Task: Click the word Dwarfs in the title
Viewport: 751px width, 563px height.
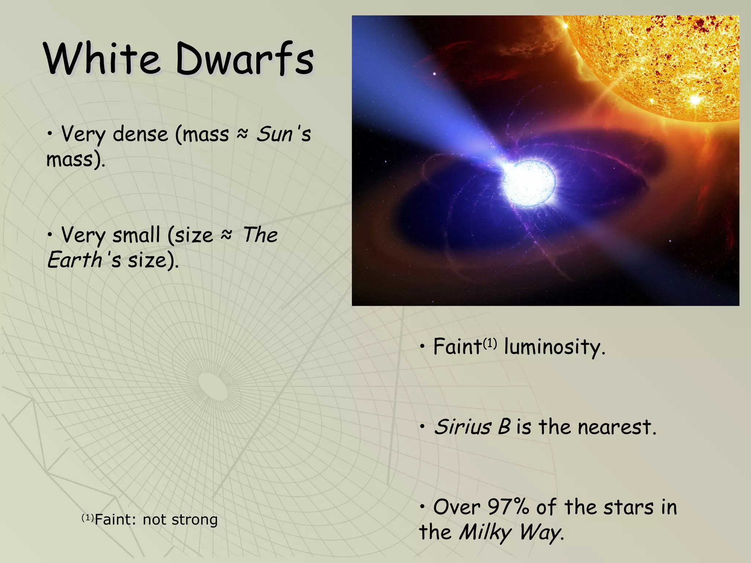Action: (x=245, y=59)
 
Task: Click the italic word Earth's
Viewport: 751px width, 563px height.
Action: (x=84, y=260)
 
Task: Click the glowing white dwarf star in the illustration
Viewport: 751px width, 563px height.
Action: (x=529, y=183)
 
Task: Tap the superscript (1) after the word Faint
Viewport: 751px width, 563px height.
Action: (x=490, y=343)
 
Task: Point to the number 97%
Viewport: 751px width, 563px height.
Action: (x=508, y=507)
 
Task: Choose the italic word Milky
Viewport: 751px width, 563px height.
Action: (x=485, y=533)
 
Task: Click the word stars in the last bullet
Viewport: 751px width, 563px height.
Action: (x=629, y=507)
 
